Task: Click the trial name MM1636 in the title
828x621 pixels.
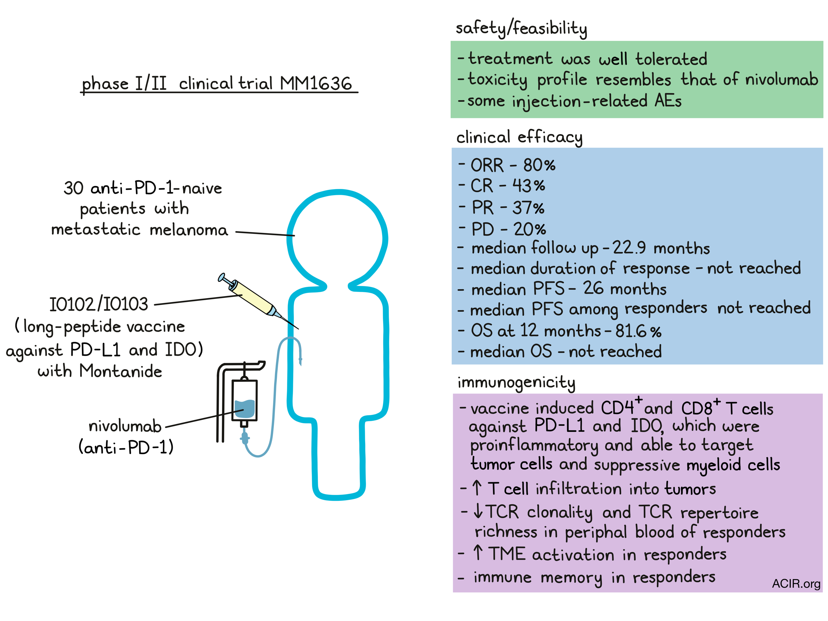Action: (316, 83)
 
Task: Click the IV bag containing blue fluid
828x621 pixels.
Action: (245, 400)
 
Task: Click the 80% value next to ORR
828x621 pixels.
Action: (539, 165)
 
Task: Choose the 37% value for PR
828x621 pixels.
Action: (528, 207)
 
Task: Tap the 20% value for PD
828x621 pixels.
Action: (530, 229)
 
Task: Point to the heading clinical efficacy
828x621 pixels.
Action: (519, 137)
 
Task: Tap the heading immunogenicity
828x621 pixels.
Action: (516, 383)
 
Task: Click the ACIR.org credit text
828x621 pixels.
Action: (796, 583)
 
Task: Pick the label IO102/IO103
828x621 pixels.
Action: (99, 304)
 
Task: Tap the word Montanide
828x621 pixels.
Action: (121, 371)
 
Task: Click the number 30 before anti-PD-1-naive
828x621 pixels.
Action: (73, 188)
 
